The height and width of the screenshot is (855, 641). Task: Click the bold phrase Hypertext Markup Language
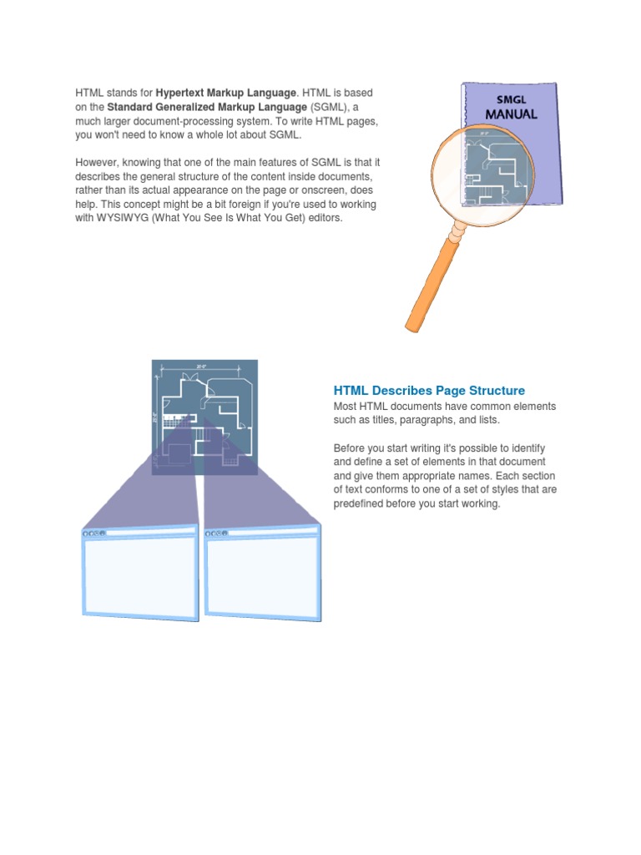225,92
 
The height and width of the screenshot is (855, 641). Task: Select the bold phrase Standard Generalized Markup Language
208,107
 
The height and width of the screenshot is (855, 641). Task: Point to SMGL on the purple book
511,99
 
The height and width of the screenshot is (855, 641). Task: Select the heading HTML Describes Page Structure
429,390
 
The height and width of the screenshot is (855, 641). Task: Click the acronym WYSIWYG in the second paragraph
126,218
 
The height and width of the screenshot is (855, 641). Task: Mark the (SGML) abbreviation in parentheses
330,107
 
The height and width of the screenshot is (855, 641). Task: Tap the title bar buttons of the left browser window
93,532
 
